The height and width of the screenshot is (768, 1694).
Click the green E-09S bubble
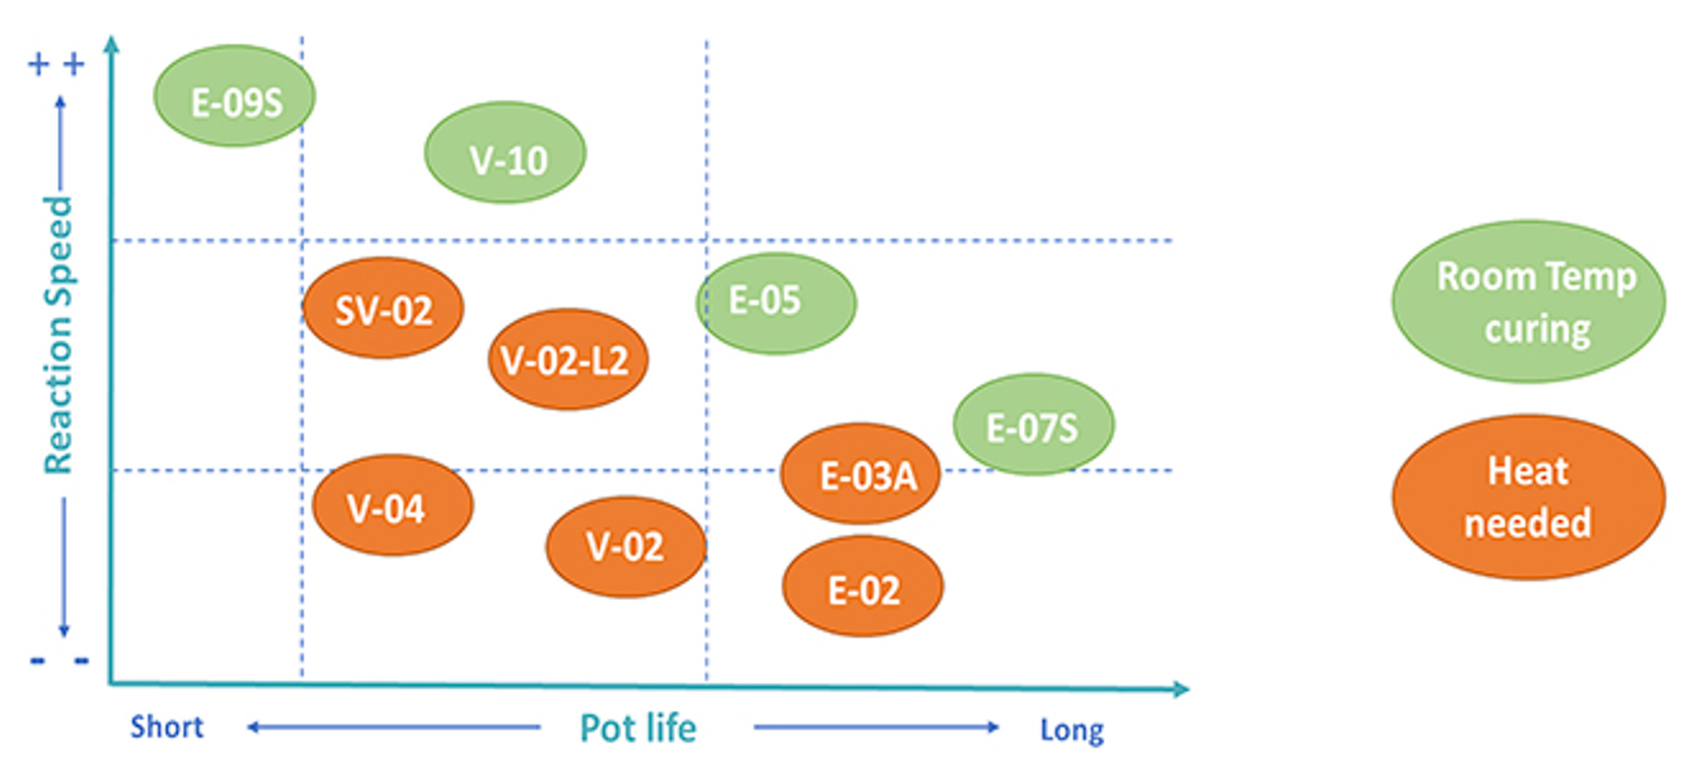coord(235,96)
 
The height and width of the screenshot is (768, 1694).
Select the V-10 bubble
coord(505,153)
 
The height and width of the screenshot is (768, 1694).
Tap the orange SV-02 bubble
coord(383,309)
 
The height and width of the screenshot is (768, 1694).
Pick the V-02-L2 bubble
coord(568,360)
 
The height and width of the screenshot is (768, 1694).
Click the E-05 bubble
coord(776,304)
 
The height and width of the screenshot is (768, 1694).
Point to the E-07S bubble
coord(1033,425)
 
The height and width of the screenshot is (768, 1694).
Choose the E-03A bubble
coord(861,474)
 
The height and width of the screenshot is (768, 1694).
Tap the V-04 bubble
coord(393,505)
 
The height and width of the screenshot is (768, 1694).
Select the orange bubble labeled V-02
coord(626,546)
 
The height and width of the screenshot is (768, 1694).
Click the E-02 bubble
coord(863,587)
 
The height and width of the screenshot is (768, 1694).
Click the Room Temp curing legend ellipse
coord(1529,301)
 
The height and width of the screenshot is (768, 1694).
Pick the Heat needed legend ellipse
coord(1529,497)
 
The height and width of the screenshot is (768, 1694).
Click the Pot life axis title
coord(639,728)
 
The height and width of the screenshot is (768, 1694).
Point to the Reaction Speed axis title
coord(59,335)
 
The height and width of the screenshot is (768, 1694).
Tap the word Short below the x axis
coord(167,727)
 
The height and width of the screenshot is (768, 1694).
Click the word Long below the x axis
coord(1072,730)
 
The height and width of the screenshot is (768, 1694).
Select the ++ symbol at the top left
coord(56,64)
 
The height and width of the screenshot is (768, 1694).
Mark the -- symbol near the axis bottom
coord(59,660)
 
